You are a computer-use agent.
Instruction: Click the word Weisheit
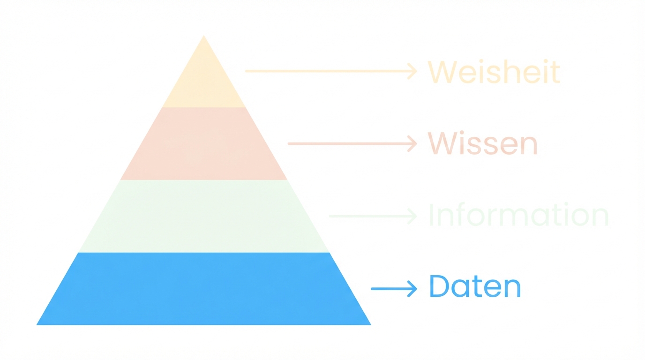click(x=494, y=72)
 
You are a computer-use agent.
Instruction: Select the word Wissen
click(x=482, y=143)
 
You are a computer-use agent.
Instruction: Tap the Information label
click(x=518, y=216)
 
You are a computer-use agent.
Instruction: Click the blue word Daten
click(x=475, y=287)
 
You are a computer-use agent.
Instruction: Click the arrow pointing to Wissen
click(x=352, y=143)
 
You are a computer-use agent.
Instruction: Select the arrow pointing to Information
click(x=373, y=216)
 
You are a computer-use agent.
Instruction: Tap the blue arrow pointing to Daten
click(x=393, y=289)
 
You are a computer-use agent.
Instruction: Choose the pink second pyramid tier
click(x=204, y=143)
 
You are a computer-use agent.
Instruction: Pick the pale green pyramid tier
click(x=204, y=216)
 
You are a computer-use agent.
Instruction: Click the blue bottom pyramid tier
click(x=204, y=289)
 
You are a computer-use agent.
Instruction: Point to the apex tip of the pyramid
click(x=204, y=37)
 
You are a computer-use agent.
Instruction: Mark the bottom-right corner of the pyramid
click(x=369, y=324)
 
